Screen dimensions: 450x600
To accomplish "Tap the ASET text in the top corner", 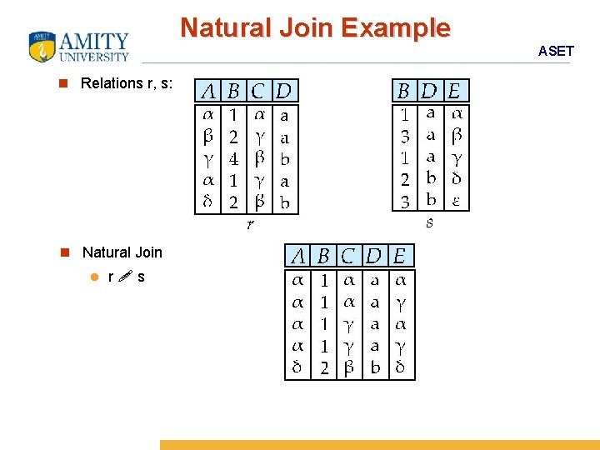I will click(556, 51).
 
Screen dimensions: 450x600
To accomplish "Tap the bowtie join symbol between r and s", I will click(124, 277).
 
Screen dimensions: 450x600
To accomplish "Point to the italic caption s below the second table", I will click(429, 222).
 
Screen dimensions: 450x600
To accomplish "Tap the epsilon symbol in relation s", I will click(457, 200).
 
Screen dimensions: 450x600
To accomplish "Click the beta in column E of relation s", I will click(457, 135).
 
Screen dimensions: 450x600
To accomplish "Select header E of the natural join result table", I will click(400, 256).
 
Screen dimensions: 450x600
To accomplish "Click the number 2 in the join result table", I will click(324, 367).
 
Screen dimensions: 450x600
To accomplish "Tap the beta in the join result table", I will click(350, 367).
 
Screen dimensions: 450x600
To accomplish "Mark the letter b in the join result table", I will click(375, 367).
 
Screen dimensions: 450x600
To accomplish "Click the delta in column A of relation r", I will click(208, 201).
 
